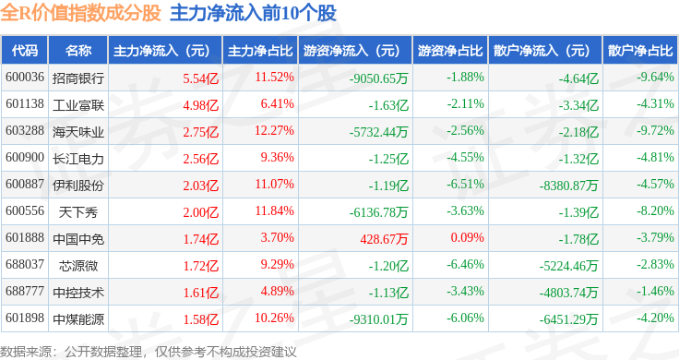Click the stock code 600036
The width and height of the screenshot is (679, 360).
(x=25, y=78)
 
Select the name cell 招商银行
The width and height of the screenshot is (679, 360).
(x=78, y=78)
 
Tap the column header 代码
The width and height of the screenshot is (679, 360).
(x=25, y=50)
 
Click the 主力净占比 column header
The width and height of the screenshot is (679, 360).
(x=260, y=50)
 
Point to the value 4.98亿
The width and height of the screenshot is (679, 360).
(x=201, y=105)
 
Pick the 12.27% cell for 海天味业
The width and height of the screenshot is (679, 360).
(x=274, y=130)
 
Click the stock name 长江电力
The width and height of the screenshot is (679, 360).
(x=78, y=159)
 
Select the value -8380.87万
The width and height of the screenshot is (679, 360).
(x=569, y=186)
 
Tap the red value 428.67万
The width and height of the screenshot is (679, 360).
(x=384, y=239)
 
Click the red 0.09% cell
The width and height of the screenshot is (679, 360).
(x=467, y=237)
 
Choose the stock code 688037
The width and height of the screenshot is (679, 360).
(x=25, y=264)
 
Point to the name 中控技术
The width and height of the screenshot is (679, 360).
(x=78, y=293)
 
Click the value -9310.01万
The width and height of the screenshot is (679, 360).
(x=379, y=319)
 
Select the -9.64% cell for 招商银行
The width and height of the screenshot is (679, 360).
(x=655, y=78)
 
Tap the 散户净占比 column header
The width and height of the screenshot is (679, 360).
(x=640, y=50)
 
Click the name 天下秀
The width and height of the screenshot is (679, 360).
(x=78, y=212)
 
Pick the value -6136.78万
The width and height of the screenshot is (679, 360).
(x=379, y=212)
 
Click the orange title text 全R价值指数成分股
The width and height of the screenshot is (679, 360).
(x=80, y=13)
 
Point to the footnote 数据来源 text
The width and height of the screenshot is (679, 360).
(x=26, y=352)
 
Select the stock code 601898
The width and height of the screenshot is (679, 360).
(x=25, y=318)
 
